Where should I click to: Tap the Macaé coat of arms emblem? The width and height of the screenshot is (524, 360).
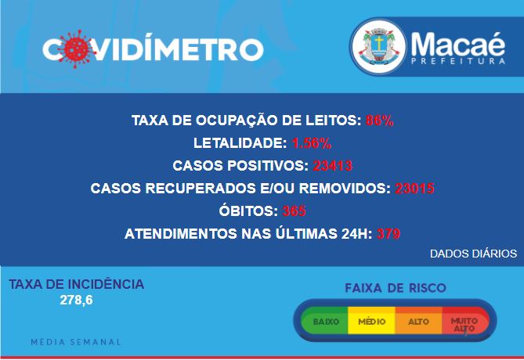point(378,47)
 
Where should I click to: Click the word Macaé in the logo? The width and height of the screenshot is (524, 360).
point(458,44)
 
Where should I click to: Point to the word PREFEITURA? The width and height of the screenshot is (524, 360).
point(458,62)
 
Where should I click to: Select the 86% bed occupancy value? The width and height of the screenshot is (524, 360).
point(379,121)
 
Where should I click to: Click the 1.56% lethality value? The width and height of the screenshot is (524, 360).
point(312,143)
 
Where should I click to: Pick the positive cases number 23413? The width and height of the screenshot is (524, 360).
point(333,166)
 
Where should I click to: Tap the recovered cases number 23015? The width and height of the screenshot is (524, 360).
point(414,189)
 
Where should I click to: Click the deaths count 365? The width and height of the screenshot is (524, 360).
point(294,211)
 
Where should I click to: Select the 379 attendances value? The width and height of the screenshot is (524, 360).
point(388,234)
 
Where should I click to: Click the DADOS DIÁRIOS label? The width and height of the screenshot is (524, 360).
point(473,254)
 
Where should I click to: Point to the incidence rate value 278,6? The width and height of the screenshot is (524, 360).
point(76,300)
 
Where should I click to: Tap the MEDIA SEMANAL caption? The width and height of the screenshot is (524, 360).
point(76,342)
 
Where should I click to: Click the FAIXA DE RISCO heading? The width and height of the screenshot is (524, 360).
point(396,288)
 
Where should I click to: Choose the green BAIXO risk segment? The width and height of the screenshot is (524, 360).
point(324,321)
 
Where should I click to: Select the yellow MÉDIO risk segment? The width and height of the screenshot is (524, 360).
point(371,321)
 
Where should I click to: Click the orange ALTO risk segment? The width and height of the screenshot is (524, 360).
point(419,321)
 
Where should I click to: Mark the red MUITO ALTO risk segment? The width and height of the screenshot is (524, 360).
point(465,321)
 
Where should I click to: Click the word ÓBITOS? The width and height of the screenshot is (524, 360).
point(248,211)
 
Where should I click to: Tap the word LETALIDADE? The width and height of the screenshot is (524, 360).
point(240,143)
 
